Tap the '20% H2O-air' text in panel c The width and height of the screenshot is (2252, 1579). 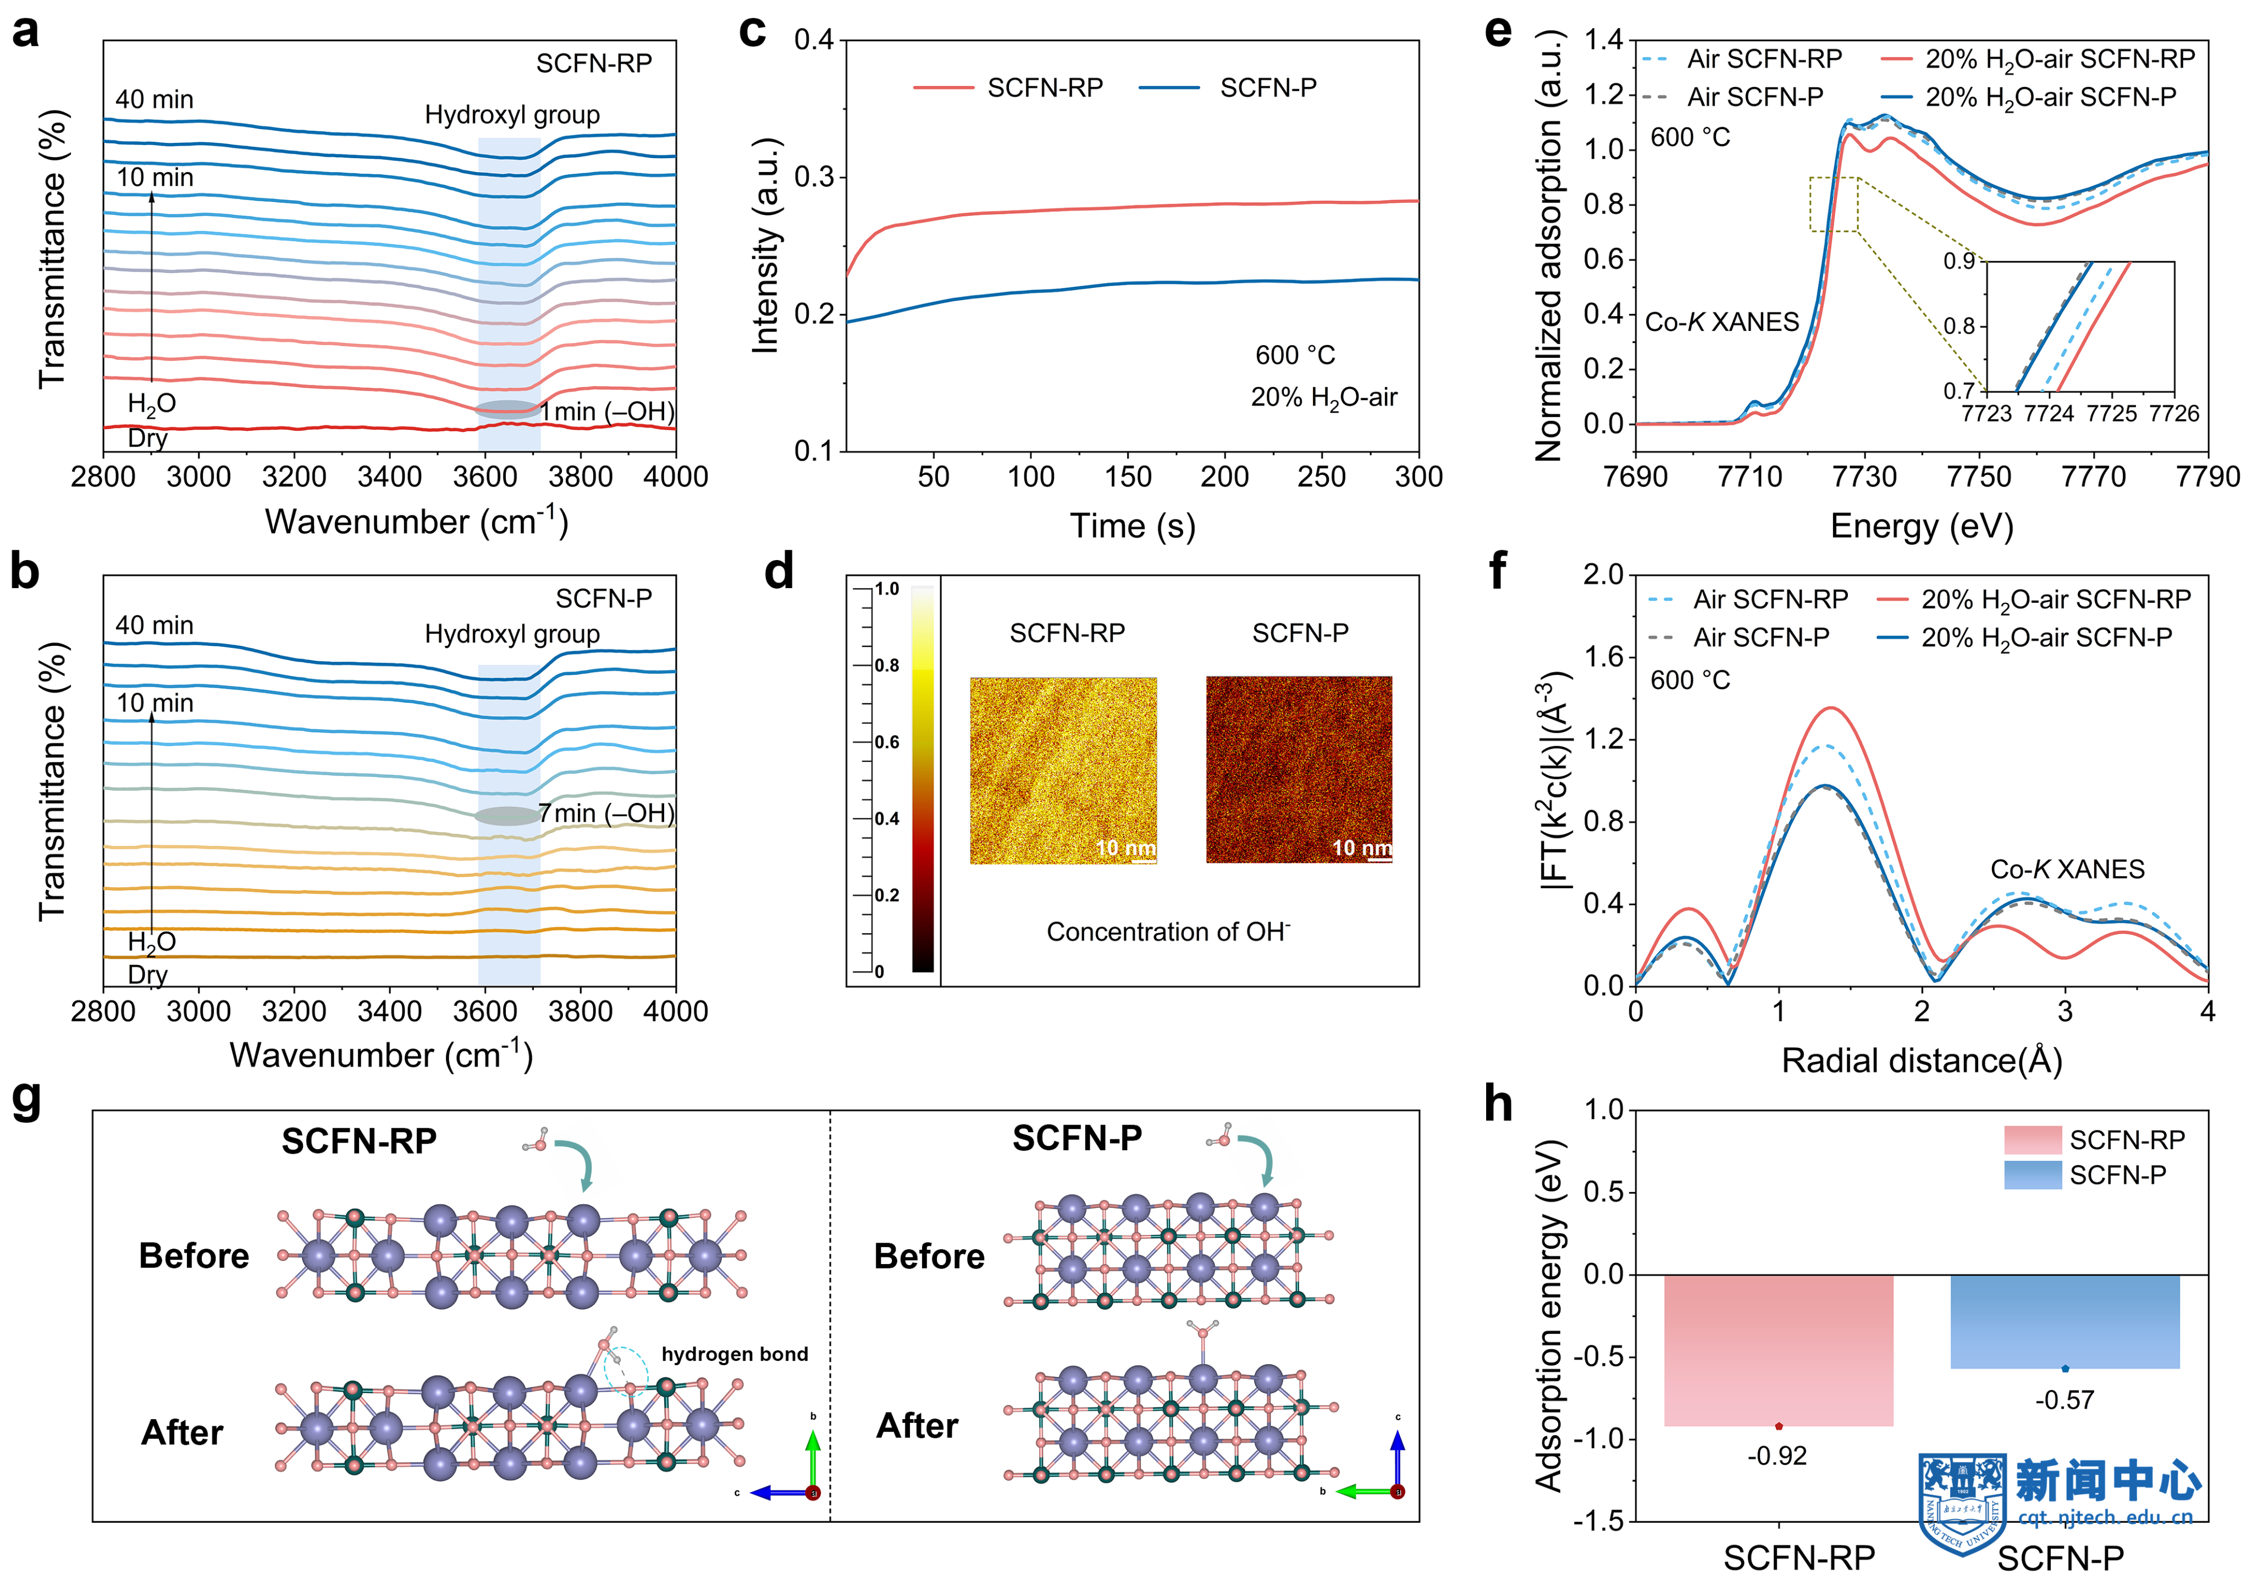pos(1323,397)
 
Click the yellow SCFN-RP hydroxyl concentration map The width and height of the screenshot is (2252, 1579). pos(1063,770)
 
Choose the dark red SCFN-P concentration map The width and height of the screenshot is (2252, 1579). pos(1299,770)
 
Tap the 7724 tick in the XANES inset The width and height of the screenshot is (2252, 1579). pos(2049,414)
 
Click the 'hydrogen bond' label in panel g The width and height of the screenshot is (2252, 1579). pos(735,1354)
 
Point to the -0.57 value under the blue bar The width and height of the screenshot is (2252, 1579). pos(2065,1399)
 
